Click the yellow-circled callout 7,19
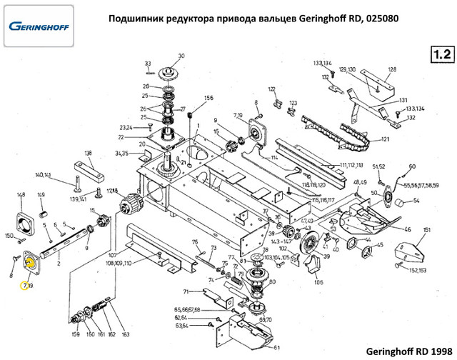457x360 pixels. point(27,286)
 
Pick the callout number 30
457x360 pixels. point(181,56)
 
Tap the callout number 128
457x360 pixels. point(391,70)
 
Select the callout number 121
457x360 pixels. point(385,139)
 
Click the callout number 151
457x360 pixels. point(426,230)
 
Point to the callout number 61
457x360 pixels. point(276,348)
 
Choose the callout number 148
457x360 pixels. point(21,195)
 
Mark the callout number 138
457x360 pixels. point(89,153)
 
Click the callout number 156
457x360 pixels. point(209,97)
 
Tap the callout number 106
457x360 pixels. point(318,281)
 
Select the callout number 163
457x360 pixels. point(126,334)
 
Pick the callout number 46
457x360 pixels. point(408,229)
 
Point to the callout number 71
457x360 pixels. point(186,292)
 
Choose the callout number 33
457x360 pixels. point(147,63)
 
